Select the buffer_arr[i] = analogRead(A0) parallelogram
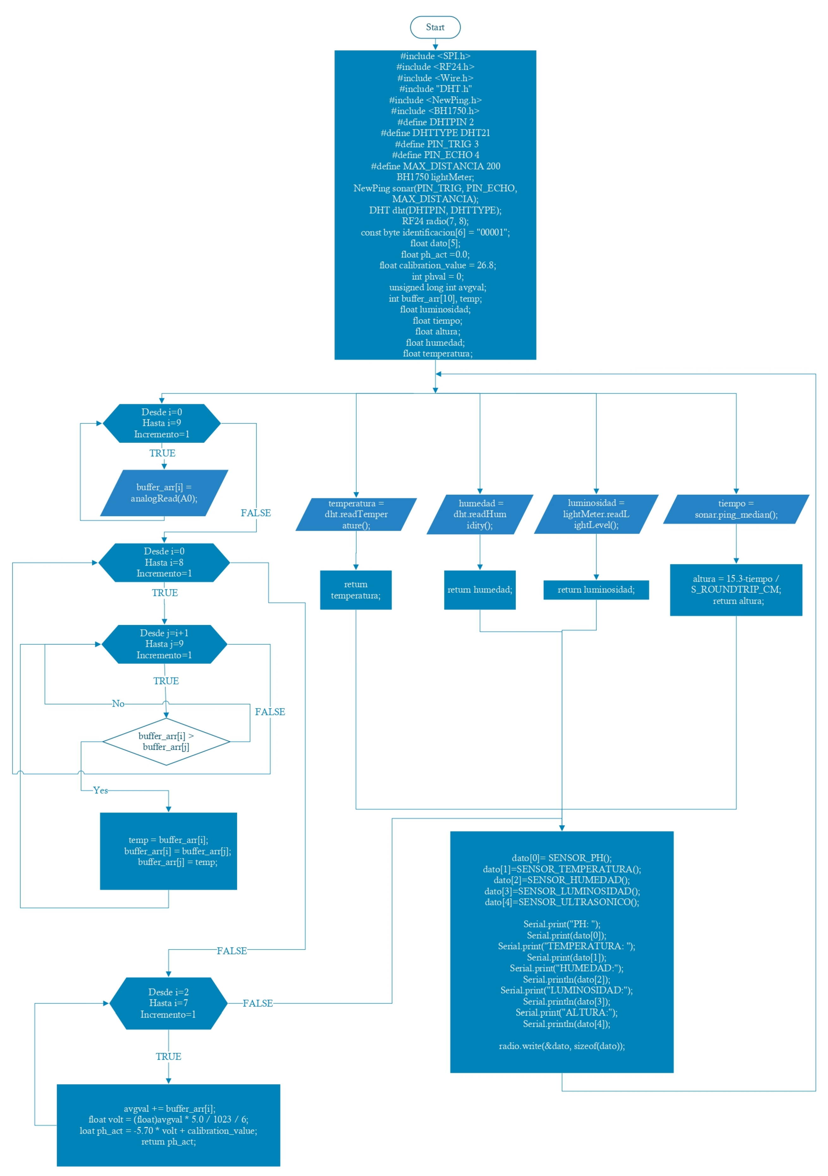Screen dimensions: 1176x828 [164, 493]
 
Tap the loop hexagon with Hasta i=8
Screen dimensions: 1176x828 [164, 562]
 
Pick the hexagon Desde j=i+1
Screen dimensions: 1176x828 [164, 644]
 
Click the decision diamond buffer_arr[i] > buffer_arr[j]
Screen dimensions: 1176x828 [166, 741]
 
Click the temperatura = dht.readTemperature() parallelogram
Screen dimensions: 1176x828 [356, 514]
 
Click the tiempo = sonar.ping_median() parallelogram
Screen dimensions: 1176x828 [736, 509]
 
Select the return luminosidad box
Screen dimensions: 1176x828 [596, 590]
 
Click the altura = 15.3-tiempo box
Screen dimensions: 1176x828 [736, 590]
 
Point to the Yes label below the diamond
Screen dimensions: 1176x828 [100, 790]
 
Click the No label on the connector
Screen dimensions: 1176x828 [118, 704]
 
